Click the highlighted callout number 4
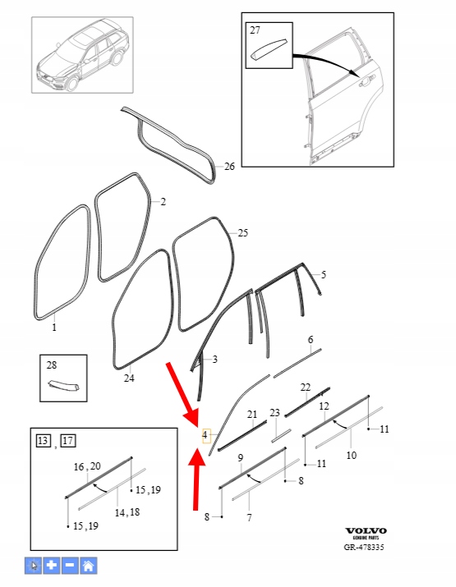tap(205, 435)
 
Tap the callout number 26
tap(229, 167)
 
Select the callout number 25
tap(243, 233)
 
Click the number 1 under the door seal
tap(54, 328)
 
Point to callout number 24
tap(129, 378)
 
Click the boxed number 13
tap(43, 441)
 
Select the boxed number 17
tap(68, 441)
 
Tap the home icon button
tap(89, 566)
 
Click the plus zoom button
tap(52, 566)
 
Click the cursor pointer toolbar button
tap(34, 566)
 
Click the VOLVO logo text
tap(366, 531)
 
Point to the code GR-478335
tap(364, 547)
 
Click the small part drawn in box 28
tap(64, 385)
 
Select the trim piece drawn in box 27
tap(269, 48)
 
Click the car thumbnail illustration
tap(82, 55)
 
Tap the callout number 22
tap(306, 387)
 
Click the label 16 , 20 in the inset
tap(87, 466)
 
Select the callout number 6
tap(311, 340)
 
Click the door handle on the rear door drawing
tap(366, 80)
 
